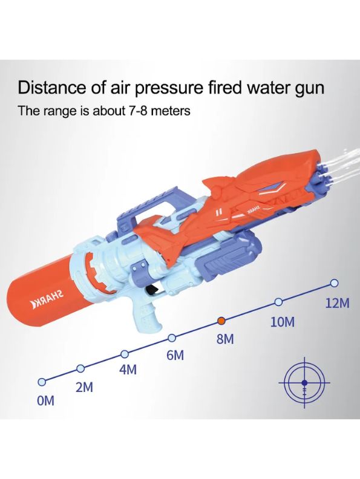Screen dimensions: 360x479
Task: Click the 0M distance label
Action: tap(45, 401)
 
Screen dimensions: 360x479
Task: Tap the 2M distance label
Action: tap(84, 387)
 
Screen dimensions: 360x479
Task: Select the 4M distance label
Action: tap(128, 370)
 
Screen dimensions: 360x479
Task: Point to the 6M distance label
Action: tap(175, 355)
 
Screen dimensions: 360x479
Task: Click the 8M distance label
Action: tap(225, 339)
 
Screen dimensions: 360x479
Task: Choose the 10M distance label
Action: tap(283, 322)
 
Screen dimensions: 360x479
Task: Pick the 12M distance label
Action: tap(337, 303)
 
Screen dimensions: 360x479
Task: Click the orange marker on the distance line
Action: tap(221, 321)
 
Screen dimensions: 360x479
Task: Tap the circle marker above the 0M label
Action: tap(41, 382)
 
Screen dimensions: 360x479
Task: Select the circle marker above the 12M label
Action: tap(335, 283)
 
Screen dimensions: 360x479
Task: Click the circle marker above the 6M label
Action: tap(172, 338)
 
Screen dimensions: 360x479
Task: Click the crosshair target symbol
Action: tap(304, 382)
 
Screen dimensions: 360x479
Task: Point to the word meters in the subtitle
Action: tap(171, 111)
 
